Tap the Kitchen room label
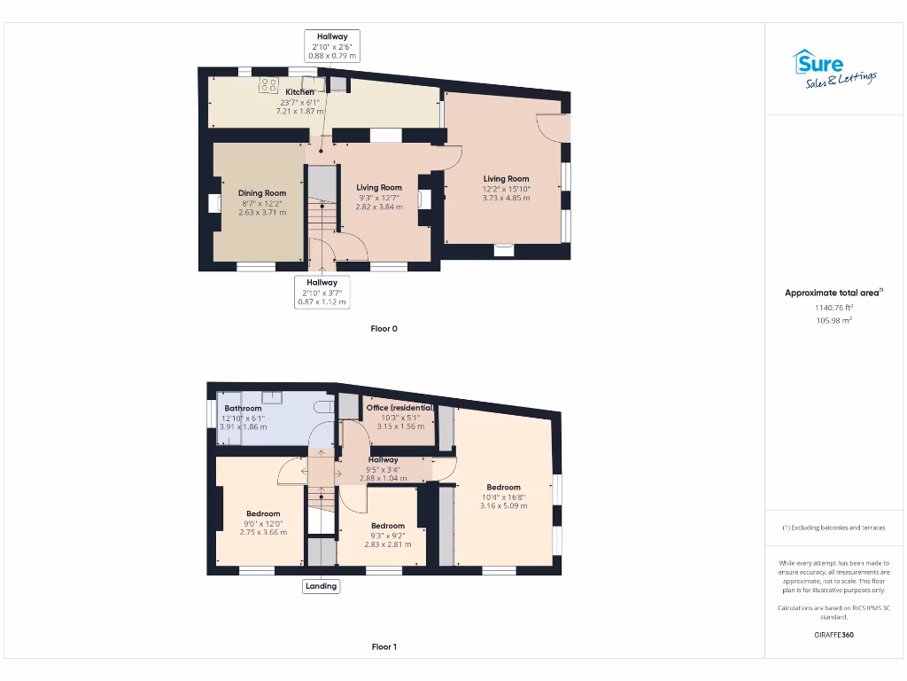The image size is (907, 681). tap(299, 91)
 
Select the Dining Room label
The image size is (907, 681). tap(262, 193)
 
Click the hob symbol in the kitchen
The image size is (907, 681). tap(269, 86)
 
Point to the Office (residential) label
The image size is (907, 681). tap(399, 408)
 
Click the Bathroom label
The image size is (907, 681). tap(243, 409)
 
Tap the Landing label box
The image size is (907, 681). tap(321, 586)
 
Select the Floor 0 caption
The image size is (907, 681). tap(384, 329)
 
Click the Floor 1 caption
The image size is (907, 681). tap(384, 647)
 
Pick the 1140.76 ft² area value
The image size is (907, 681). tap(833, 308)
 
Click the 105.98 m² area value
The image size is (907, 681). tap(833, 321)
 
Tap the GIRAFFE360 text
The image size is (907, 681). tap(833, 635)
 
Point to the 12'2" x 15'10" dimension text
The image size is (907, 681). tap(506, 189)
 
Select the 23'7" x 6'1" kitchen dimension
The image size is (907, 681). tap(299, 102)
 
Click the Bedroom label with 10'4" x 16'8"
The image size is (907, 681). tap(503, 487)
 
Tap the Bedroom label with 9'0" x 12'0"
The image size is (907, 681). tap(263, 513)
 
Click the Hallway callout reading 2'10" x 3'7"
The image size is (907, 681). tap(322, 292)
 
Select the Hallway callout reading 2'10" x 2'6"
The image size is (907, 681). tap(332, 46)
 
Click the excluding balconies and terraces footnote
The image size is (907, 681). tap(833, 528)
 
